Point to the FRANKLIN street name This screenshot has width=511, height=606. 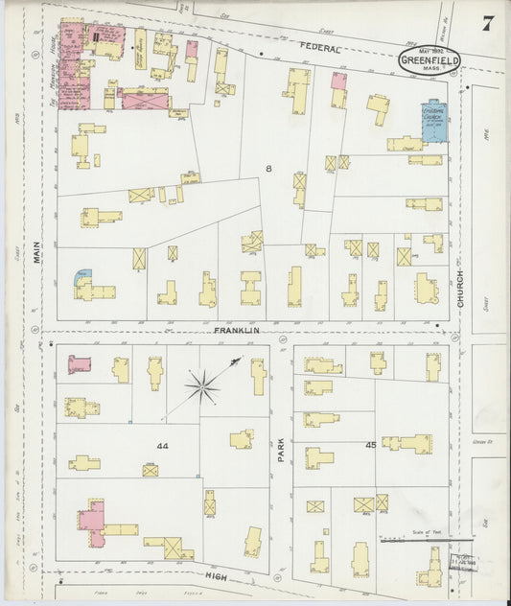pyautogui.click(x=237, y=330)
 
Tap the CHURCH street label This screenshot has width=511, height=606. pyautogui.click(x=460, y=289)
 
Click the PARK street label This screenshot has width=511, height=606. pyautogui.click(x=281, y=451)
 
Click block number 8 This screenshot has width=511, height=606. pyautogui.click(x=268, y=169)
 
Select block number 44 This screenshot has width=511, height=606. pyautogui.click(x=162, y=447)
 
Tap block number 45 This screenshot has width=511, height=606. pyautogui.click(x=369, y=445)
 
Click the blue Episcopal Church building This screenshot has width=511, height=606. pyautogui.click(x=432, y=122)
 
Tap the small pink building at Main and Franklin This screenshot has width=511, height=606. pyautogui.click(x=78, y=363)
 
